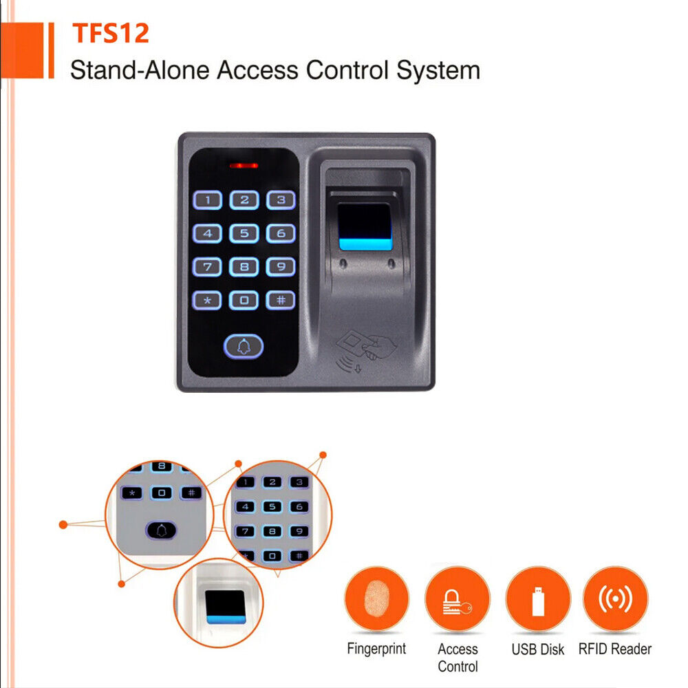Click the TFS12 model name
[111, 33]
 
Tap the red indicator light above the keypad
[244, 166]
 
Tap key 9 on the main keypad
[281, 267]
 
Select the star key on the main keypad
[207, 301]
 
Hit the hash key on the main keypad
[281, 301]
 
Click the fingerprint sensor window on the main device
[365, 226]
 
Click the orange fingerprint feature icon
[376, 599]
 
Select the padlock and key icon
[458, 599]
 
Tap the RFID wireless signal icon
[615, 599]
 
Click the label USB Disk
[538, 649]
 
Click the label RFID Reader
[615, 649]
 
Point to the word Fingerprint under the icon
[376, 649]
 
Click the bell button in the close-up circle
[161, 530]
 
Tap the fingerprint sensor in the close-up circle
[225, 607]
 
